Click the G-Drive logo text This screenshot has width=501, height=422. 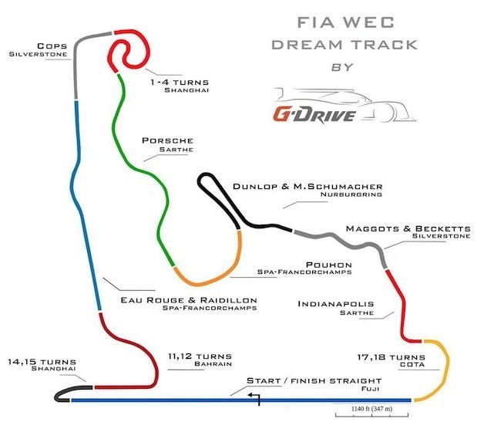314,115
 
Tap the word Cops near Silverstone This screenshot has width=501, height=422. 52,46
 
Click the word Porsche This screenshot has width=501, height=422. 168,140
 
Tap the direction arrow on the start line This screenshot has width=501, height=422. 254,399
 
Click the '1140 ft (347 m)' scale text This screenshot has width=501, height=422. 372,409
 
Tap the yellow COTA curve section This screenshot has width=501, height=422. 447,368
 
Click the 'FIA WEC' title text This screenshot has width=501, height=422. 346,22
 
